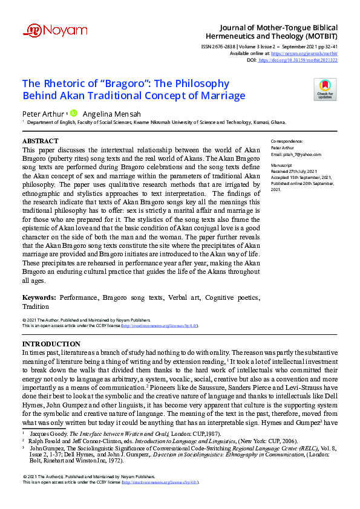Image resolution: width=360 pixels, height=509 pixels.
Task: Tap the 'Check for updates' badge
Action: [324, 89]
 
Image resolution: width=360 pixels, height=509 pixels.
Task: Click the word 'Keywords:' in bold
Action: [39, 298]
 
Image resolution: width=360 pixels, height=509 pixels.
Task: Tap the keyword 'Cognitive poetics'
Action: [232, 298]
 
